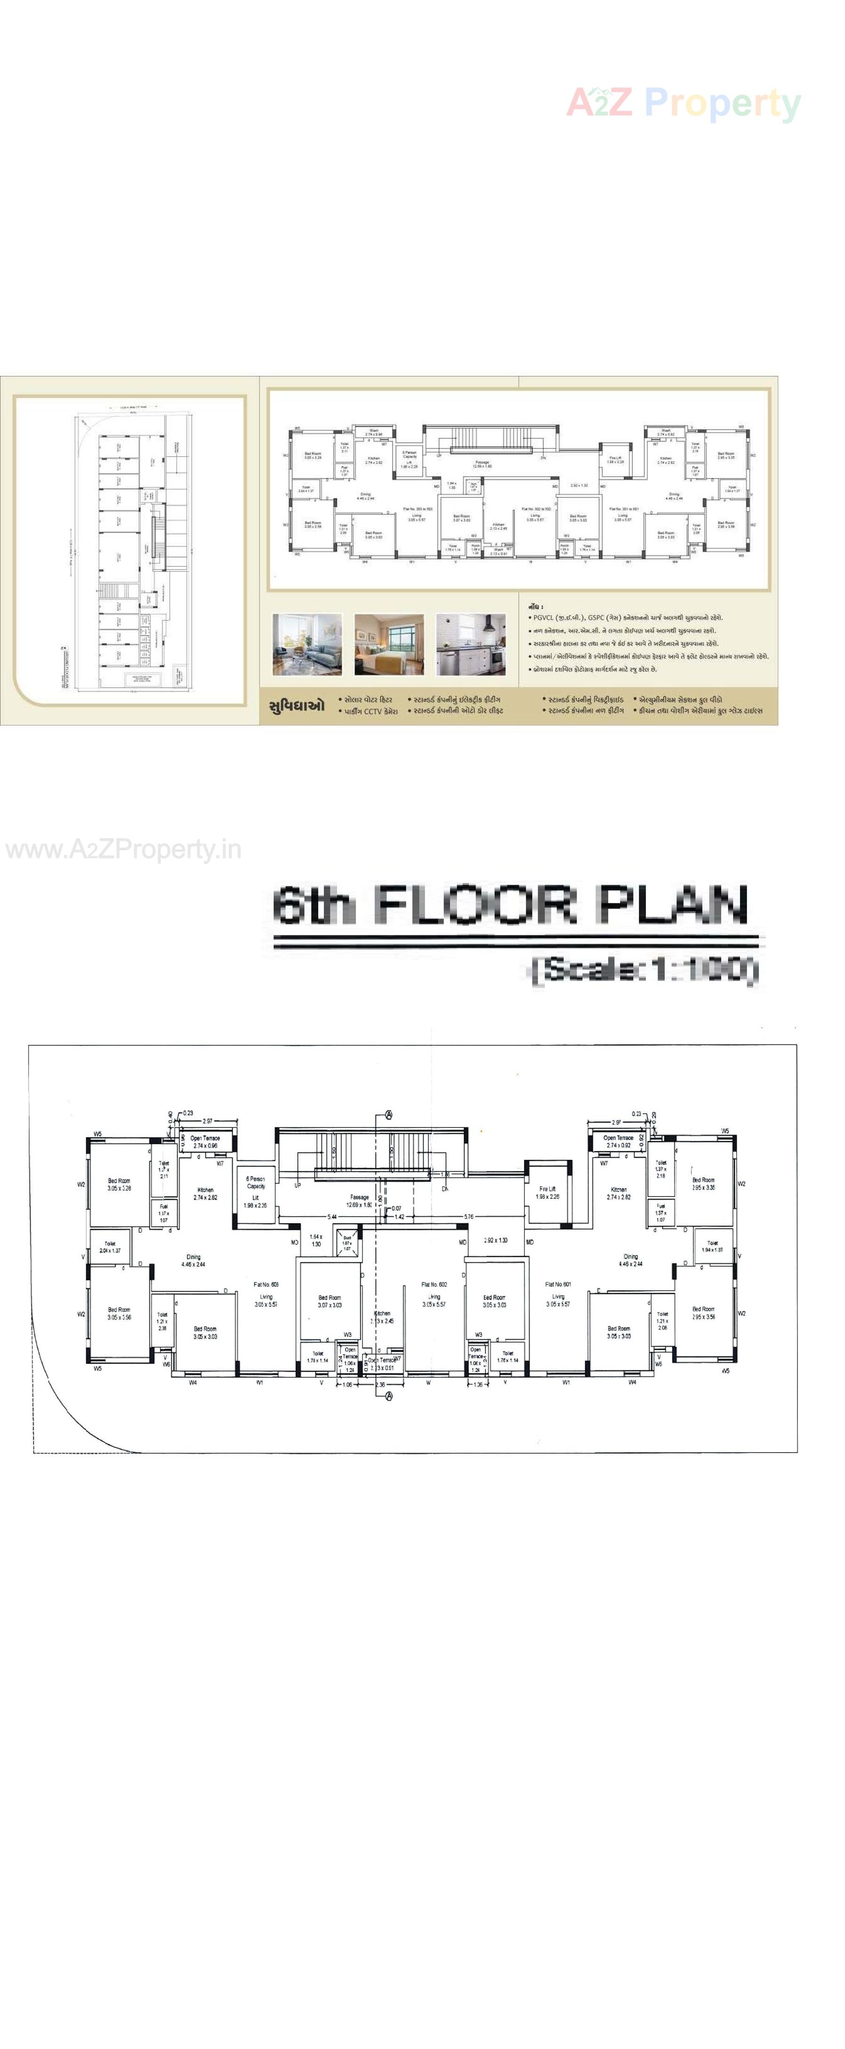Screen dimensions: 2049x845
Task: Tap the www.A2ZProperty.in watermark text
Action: point(123,850)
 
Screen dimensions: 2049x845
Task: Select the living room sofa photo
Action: point(307,644)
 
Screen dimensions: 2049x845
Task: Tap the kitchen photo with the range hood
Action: point(470,644)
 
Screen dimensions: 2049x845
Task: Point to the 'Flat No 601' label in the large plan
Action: point(558,1284)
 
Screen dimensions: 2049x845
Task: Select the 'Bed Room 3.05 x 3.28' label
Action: point(120,1184)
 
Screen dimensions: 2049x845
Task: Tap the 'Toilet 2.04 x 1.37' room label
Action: point(110,1246)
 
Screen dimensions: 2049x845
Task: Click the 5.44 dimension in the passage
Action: point(332,1217)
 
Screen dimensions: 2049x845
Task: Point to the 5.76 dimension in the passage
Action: point(469,1217)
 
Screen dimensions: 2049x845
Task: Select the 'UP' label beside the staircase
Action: point(298,1185)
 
